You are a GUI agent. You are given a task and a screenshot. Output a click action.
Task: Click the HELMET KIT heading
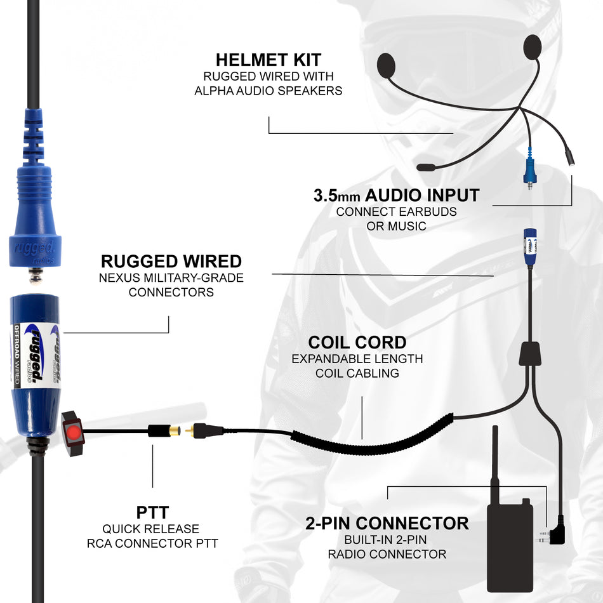pos(268,60)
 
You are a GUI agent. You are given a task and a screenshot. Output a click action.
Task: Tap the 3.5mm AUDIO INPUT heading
pos(396,195)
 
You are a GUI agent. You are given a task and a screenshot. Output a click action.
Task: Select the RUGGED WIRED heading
pos(171,261)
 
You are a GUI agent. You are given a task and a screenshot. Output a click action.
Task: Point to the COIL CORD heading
pos(357,343)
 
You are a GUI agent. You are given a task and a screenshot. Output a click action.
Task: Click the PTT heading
pos(152,512)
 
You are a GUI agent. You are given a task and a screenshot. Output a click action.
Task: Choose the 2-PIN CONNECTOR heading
pos(387,523)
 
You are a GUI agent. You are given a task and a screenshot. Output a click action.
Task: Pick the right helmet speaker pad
pos(533,47)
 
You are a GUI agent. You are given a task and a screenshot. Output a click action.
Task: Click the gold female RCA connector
pos(173,431)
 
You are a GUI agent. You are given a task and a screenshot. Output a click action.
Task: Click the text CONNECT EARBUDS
pos(396,212)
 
